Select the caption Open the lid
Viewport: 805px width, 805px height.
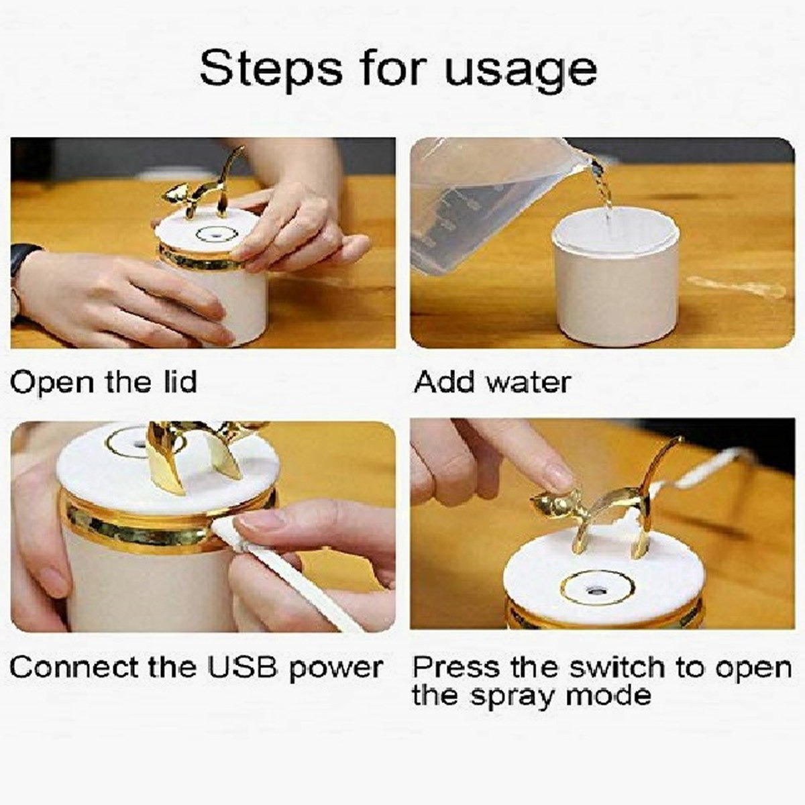click(103, 382)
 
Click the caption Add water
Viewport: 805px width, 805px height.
click(492, 382)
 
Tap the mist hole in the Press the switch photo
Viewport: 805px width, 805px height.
click(596, 591)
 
